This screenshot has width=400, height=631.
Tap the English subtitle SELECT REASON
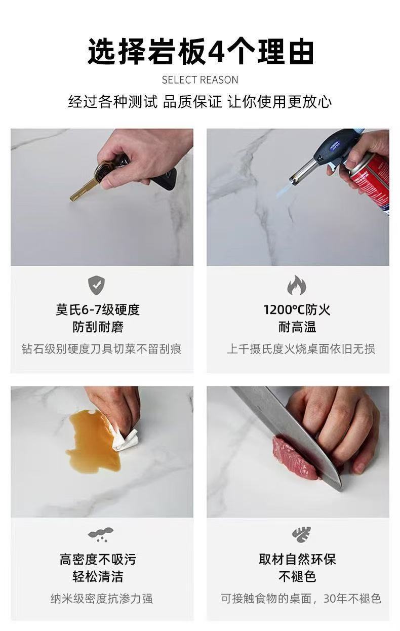[200, 80]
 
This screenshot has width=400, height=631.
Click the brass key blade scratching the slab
[84, 189]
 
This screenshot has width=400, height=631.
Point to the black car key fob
[164, 180]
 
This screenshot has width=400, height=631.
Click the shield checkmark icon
[96, 285]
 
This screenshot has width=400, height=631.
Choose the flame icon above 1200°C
[297, 285]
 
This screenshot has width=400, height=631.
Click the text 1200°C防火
[297, 309]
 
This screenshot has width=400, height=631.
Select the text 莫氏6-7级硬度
[98, 309]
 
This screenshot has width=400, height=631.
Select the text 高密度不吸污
[98, 560]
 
